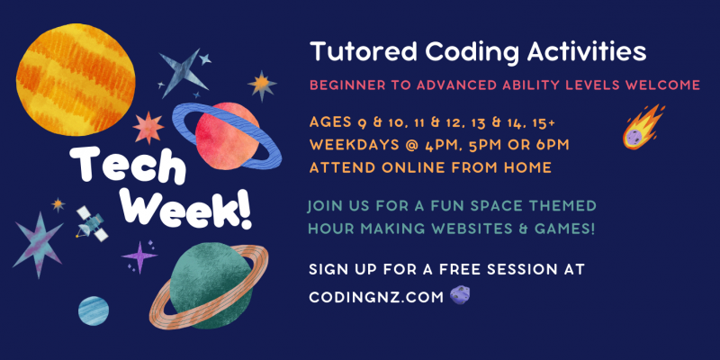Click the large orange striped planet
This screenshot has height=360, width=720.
tap(76, 79)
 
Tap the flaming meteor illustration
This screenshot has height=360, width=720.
tap(643, 127)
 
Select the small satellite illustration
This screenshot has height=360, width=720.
tap(92, 223)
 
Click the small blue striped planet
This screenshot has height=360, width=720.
tap(94, 310)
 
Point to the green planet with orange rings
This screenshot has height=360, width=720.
tap(210, 284)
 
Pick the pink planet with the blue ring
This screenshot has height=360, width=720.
tap(227, 137)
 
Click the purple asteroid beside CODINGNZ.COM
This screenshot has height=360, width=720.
tap(460, 295)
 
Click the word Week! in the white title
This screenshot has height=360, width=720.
tap(198, 210)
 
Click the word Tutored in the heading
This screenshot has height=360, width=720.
tap(364, 52)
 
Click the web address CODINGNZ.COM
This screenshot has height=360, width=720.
tap(376, 297)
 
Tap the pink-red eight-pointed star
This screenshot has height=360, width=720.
tap(148, 128)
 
